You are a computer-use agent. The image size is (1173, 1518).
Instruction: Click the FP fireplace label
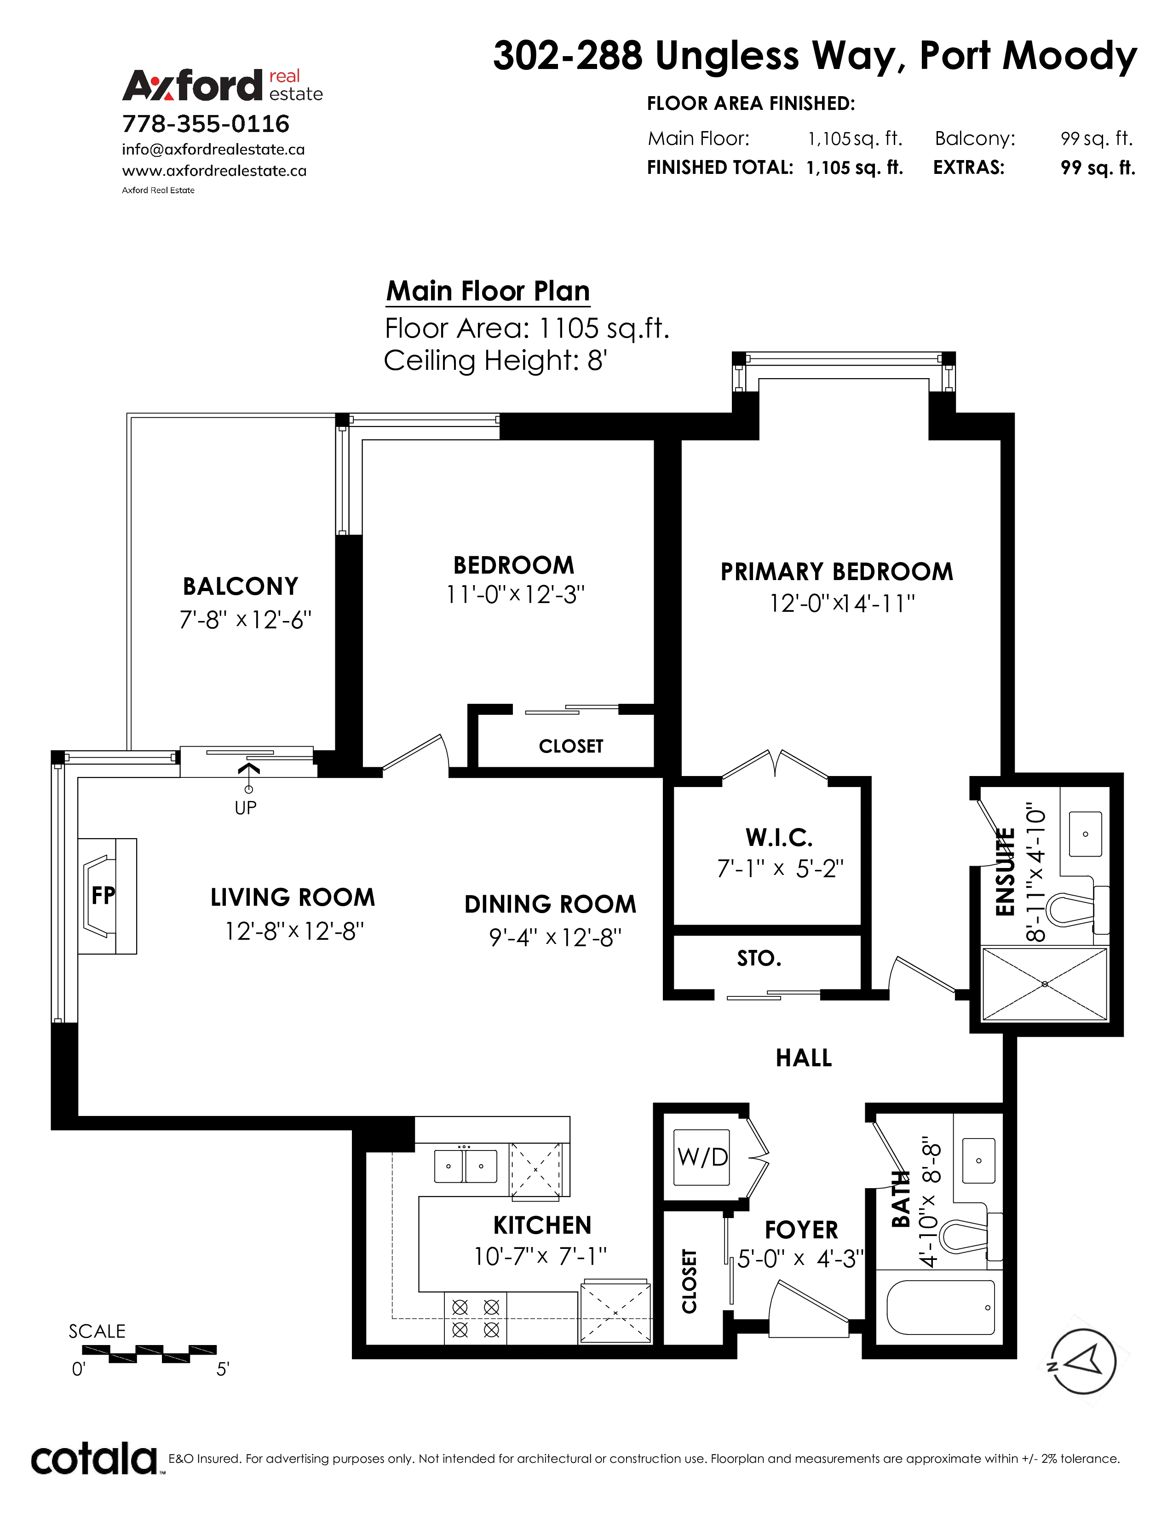click(x=103, y=895)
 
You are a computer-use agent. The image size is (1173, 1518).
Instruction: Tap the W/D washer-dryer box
click(x=702, y=1157)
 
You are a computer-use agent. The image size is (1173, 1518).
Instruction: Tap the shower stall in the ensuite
click(x=1045, y=983)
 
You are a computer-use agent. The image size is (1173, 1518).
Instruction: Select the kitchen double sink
click(x=466, y=1166)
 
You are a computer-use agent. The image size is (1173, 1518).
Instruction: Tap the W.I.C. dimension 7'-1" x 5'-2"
click(x=780, y=868)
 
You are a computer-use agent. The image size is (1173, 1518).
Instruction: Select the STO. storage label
click(x=759, y=959)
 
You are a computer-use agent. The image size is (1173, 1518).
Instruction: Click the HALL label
click(x=803, y=1058)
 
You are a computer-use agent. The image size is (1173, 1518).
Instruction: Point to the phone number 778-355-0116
click(x=206, y=124)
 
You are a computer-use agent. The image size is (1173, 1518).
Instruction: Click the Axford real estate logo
click(x=222, y=86)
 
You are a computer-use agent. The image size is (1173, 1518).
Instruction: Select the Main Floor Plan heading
click(x=488, y=291)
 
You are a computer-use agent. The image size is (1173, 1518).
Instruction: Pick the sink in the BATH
click(x=978, y=1160)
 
